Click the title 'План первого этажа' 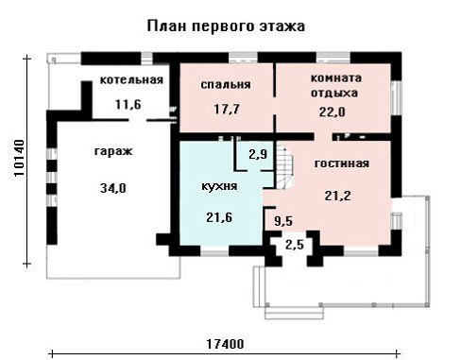[x=226, y=26]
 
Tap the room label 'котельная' [x=131, y=79]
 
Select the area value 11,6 [x=128, y=104]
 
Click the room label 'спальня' [x=226, y=85]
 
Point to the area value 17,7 [x=227, y=110]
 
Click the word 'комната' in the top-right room [x=336, y=77]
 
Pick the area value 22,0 [x=333, y=111]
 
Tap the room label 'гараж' [x=113, y=151]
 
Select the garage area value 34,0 [x=113, y=188]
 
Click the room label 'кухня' [x=219, y=186]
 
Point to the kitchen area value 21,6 [x=219, y=217]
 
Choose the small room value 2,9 [x=258, y=154]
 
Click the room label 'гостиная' [x=342, y=163]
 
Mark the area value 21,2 [x=337, y=196]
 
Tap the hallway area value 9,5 [x=283, y=221]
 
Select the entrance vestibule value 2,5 [x=295, y=245]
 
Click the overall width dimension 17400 [x=225, y=344]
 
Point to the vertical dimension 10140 [x=20, y=158]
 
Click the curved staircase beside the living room [x=285, y=165]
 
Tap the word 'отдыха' [x=334, y=94]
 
